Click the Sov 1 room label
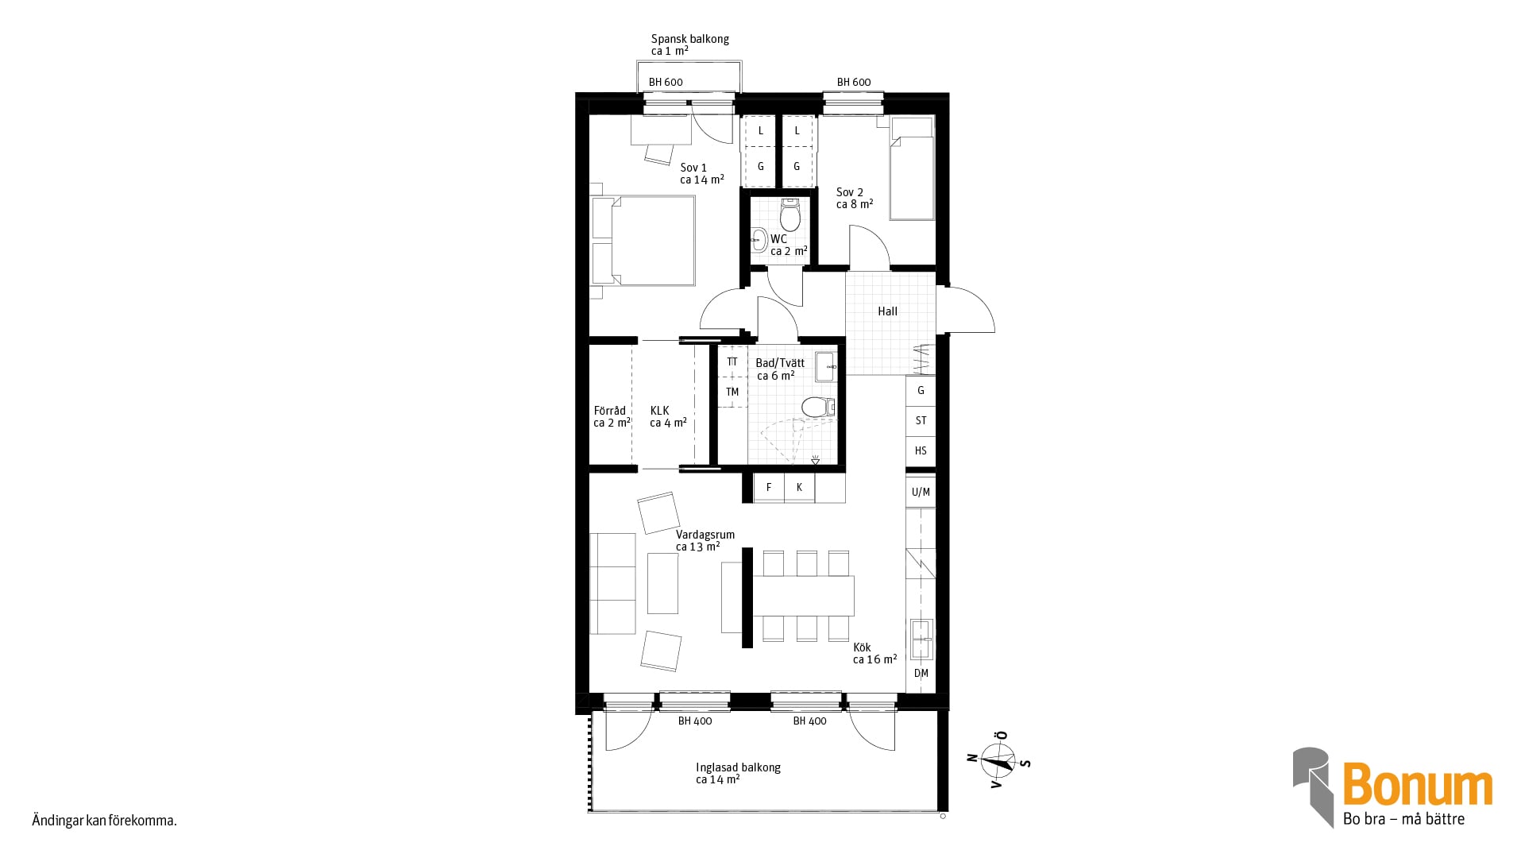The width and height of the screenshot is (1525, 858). tap(693, 168)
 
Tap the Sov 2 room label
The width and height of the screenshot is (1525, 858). tap(850, 192)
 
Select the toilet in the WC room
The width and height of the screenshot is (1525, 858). tap(790, 214)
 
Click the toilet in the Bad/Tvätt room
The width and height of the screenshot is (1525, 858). tap(818, 408)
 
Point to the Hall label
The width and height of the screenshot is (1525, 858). tap(887, 311)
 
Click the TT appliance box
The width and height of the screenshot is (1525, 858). tap(732, 361)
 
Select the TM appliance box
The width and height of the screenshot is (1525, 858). tap(732, 392)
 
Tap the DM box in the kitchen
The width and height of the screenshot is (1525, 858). tap(921, 674)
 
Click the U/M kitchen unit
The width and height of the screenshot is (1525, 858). tap(921, 492)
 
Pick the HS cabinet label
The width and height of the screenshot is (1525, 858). tap(921, 450)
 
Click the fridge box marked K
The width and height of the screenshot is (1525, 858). tap(800, 488)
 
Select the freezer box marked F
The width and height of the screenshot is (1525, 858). tap(769, 488)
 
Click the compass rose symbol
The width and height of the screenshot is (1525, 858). tap(998, 760)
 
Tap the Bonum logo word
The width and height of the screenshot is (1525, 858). tap(1418, 784)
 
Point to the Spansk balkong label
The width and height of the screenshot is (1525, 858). tap(690, 39)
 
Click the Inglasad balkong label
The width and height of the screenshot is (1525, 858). tap(738, 767)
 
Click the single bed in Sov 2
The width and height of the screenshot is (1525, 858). tap(911, 168)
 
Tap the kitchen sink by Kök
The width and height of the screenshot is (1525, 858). tap(921, 640)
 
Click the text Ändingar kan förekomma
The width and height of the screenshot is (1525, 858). tap(104, 821)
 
